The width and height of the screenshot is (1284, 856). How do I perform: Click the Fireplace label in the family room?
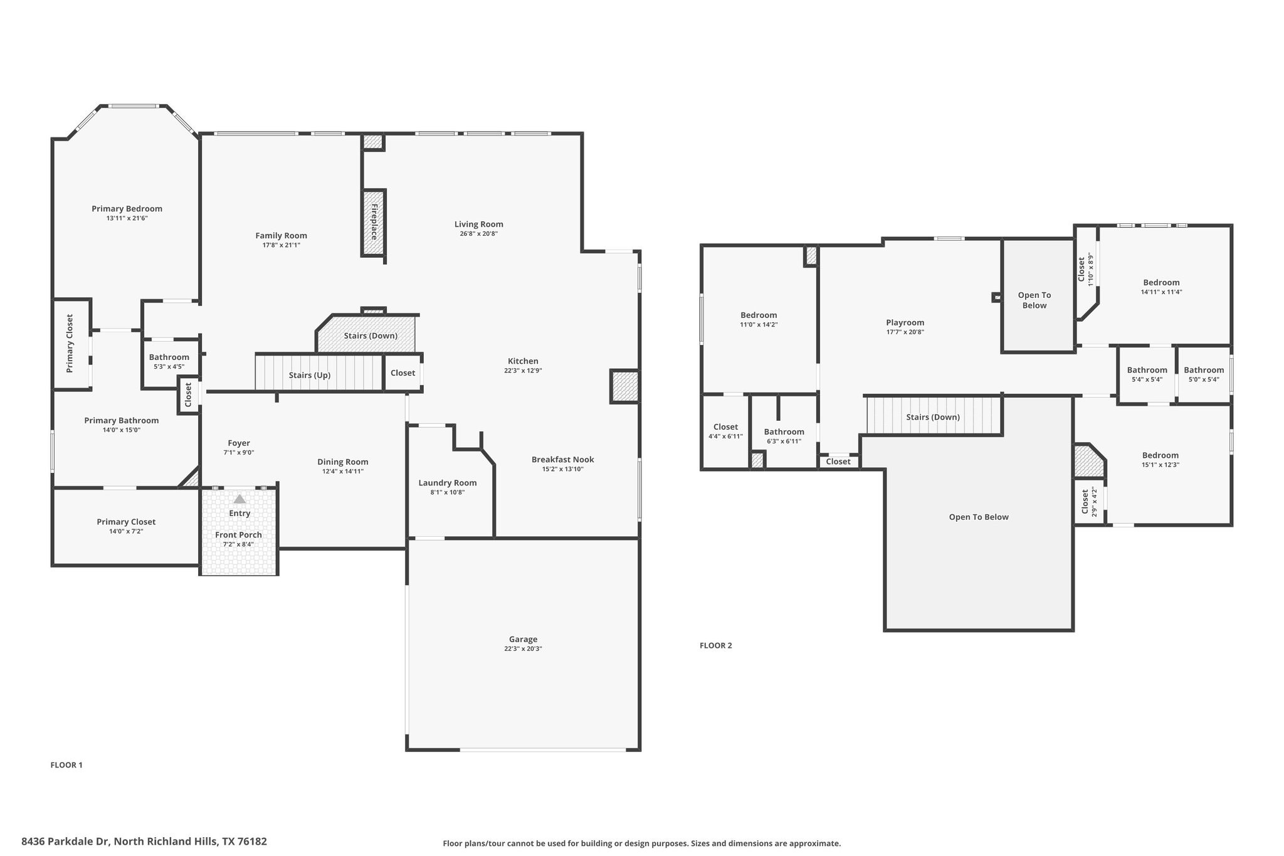(x=374, y=222)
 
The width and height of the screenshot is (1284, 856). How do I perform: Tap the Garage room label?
(x=523, y=640)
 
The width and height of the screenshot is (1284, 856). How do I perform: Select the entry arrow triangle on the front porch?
(x=239, y=499)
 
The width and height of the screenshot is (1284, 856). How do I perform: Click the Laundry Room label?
(x=448, y=483)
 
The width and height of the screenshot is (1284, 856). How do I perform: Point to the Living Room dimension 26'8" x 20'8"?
(x=478, y=234)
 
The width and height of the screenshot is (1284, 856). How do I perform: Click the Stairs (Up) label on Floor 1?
(x=309, y=375)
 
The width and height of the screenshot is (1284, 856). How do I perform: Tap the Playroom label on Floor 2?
(x=905, y=322)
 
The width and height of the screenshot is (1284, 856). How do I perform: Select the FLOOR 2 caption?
(x=715, y=645)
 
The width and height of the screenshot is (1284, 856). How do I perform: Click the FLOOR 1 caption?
(x=66, y=765)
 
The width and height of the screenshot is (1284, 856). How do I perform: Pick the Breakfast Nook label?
(x=562, y=460)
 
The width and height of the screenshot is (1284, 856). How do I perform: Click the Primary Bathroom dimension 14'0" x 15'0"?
(x=122, y=430)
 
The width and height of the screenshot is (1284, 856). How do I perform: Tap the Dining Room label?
(x=342, y=462)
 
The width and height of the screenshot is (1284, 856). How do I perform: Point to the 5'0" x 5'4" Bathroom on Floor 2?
(x=1204, y=374)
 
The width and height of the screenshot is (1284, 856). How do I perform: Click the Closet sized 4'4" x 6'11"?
(x=725, y=431)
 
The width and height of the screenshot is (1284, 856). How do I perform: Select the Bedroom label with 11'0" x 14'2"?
(x=759, y=315)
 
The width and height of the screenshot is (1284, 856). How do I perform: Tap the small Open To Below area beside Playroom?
(x=1034, y=300)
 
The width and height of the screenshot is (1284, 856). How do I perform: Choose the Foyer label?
(x=239, y=443)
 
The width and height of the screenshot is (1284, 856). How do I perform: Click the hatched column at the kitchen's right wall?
(x=624, y=386)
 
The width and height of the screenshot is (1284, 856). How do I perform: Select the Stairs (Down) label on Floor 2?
(x=932, y=417)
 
